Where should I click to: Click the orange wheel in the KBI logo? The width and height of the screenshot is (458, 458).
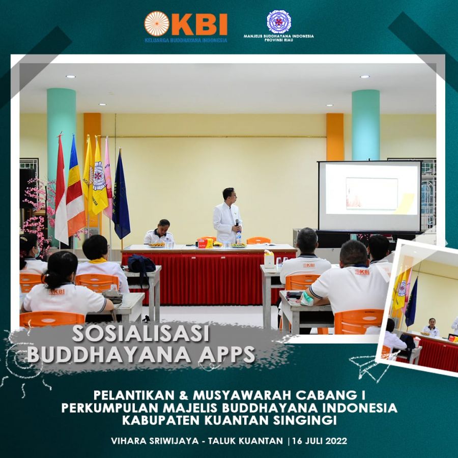(157, 24)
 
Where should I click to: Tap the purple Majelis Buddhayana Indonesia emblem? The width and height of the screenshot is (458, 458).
(279, 21)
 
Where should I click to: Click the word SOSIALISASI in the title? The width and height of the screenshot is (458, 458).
(141, 333)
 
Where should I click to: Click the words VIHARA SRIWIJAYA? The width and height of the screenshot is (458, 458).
(155, 441)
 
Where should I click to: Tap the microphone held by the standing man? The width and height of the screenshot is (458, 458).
(237, 222)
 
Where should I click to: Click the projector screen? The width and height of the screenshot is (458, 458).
(369, 196)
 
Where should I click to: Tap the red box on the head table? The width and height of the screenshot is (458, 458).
(206, 243)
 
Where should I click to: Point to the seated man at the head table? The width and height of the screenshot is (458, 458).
(159, 232)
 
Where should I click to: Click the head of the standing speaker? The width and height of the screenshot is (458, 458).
(228, 195)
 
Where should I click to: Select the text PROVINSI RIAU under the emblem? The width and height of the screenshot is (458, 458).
(279, 40)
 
